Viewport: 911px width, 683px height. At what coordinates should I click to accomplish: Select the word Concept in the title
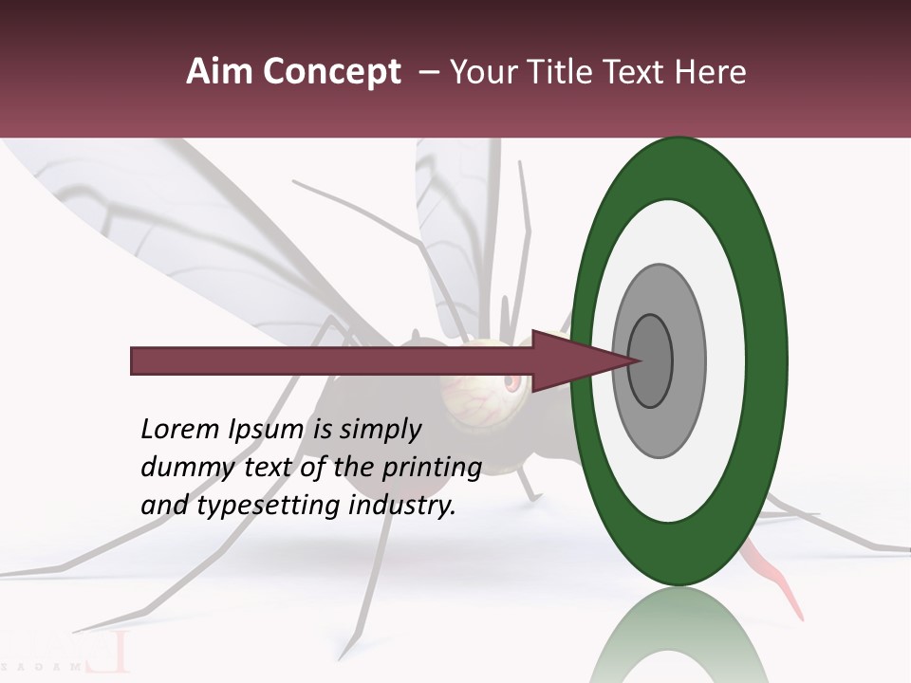click(331, 73)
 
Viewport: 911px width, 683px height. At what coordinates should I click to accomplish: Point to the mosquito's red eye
click(512, 383)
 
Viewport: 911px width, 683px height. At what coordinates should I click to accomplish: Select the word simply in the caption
click(380, 430)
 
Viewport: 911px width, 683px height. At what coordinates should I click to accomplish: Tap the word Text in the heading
click(639, 72)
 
